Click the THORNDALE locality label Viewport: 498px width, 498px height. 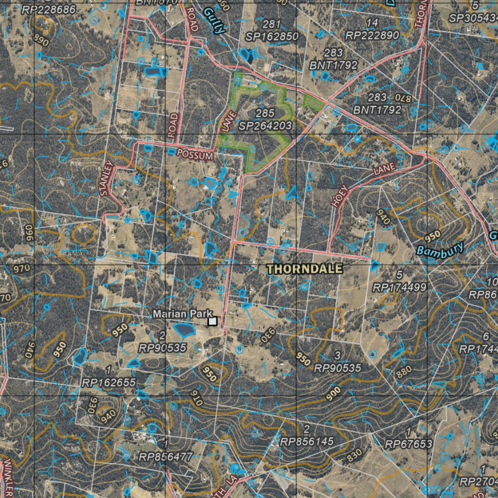(x=304, y=269)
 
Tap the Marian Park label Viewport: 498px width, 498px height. (x=179, y=314)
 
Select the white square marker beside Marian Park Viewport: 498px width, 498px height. (x=213, y=321)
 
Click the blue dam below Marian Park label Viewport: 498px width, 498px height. (x=184, y=331)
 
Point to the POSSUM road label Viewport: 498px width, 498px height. (x=195, y=155)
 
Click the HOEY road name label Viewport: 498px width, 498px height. (x=340, y=196)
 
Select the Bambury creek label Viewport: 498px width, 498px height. (x=440, y=250)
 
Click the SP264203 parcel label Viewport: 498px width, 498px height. (x=265, y=126)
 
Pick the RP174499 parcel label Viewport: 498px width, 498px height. (x=399, y=287)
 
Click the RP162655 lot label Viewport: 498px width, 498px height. (x=108, y=383)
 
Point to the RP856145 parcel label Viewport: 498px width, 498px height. (x=306, y=442)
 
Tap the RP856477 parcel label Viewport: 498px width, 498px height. (x=166, y=456)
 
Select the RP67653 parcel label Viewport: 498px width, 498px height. (x=408, y=444)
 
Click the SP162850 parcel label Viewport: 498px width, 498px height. (x=272, y=36)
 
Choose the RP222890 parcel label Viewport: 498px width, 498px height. (x=372, y=35)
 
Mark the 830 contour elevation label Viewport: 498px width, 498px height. (x=355, y=456)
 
